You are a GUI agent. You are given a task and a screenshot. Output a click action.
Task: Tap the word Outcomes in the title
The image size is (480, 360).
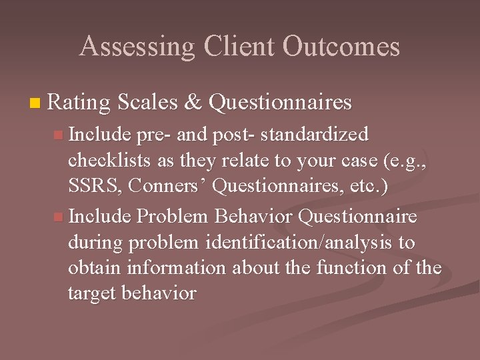click(x=341, y=47)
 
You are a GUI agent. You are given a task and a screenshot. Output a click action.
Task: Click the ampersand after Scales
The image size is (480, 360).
click(x=193, y=102)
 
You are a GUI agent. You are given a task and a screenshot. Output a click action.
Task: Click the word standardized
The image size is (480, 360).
click(x=315, y=135)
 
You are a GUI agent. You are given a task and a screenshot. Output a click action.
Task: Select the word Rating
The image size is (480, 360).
click(x=79, y=102)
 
